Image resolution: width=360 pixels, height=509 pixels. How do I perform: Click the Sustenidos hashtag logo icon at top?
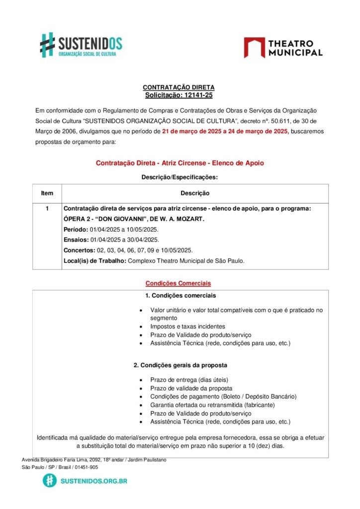pyautogui.click(x=47, y=44)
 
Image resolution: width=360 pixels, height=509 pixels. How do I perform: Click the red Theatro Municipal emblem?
pyautogui.click(x=254, y=47)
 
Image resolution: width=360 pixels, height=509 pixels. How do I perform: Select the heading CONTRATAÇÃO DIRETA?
pyautogui.click(x=179, y=87)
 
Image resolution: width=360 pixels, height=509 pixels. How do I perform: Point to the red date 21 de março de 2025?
pyautogui.click(x=194, y=132)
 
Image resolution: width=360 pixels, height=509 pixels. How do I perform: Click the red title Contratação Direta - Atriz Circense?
pyautogui.click(x=180, y=163)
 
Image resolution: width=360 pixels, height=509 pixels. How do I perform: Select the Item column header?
pyautogui.click(x=47, y=193)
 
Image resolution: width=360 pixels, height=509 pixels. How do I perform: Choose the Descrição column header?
pyautogui.click(x=195, y=193)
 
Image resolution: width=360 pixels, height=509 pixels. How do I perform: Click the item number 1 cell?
pyautogui.click(x=47, y=209)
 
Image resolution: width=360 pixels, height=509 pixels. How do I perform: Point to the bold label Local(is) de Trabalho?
pyautogui.click(x=94, y=261)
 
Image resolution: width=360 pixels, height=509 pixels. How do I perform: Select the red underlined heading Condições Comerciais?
pyautogui.click(x=178, y=283)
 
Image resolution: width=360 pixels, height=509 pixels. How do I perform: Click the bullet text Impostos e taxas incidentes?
pyautogui.click(x=187, y=327)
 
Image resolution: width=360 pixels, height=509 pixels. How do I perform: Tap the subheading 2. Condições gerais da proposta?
pyautogui.click(x=180, y=365)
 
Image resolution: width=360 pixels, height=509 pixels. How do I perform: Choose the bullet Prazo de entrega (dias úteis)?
pyautogui.click(x=189, y=380)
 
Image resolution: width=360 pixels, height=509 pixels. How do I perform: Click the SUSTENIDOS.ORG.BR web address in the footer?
pyautogui.click(x=93, y=481)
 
